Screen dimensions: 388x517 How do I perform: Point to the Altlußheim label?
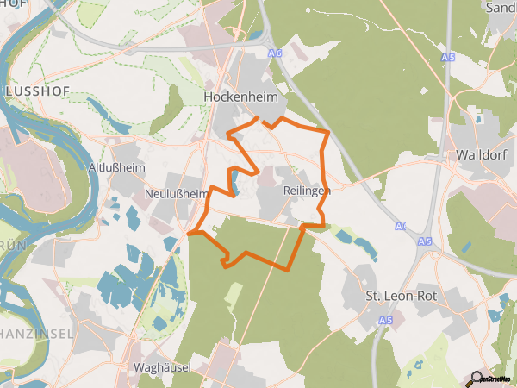click(116, 166)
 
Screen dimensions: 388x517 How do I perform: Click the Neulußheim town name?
click(178, 193)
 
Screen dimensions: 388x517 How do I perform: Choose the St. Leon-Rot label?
click(403, 296)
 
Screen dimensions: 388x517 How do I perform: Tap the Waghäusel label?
click(162, 367)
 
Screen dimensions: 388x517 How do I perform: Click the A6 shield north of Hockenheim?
click(275, 53)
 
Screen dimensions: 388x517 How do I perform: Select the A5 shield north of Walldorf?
click(446, 58)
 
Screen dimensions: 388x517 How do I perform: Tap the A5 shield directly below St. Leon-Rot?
click(384, 321)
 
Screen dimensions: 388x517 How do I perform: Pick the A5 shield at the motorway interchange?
click(423, 242)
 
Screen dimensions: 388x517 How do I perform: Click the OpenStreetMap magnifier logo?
click(477, 377)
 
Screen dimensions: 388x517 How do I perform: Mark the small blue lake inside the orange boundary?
click(233, 181)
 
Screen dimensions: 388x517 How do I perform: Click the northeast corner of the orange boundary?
click(328, 132)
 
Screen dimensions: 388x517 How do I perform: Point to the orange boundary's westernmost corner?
click(189, 233)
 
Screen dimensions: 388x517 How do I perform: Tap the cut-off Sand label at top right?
click(501, 8)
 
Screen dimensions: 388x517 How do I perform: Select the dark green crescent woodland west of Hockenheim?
click(171, 110)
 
